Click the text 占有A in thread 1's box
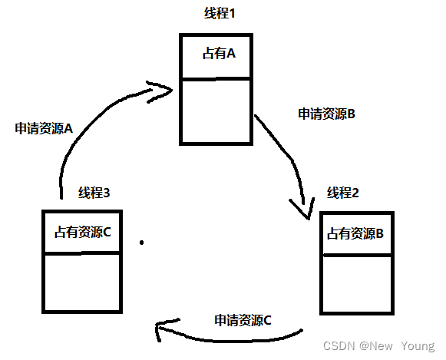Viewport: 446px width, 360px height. [217, 54]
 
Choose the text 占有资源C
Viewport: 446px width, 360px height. [83, 231]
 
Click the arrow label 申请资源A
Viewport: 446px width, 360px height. [43, 128]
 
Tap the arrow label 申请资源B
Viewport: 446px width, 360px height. [325, 114]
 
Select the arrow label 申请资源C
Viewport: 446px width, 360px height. [243, 320]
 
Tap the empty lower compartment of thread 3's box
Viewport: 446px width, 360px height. [81, 282]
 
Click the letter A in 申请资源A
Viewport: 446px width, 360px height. [68, 128]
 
